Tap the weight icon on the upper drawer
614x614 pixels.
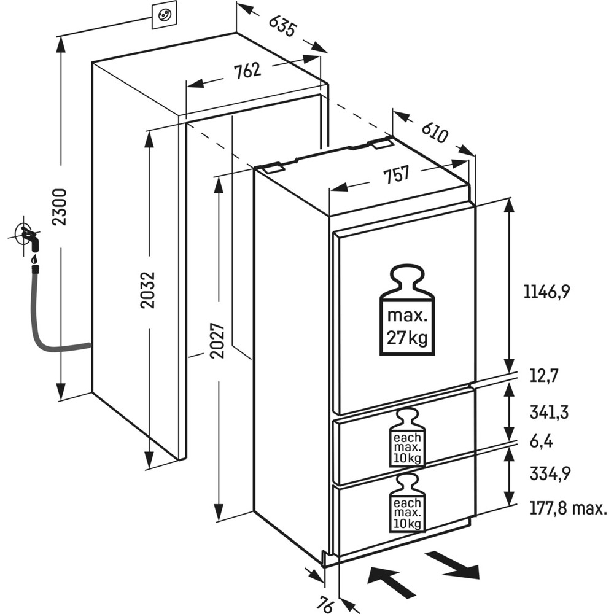406,437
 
